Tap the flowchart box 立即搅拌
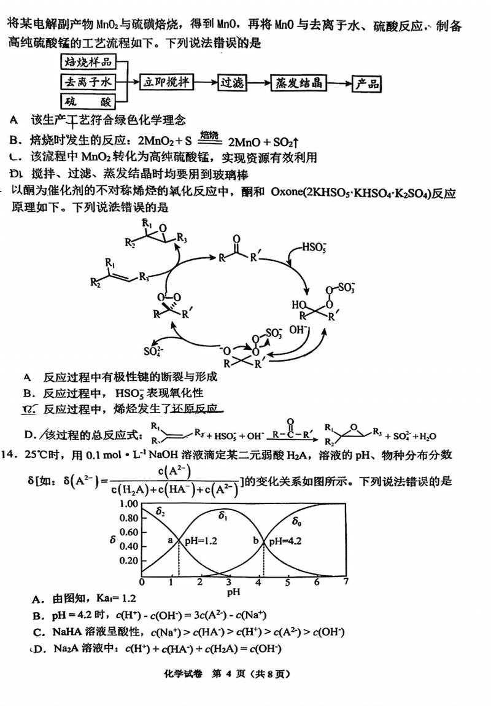click(164, 82)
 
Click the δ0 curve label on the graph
click(297, 522)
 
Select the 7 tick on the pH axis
click(347, 582)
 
